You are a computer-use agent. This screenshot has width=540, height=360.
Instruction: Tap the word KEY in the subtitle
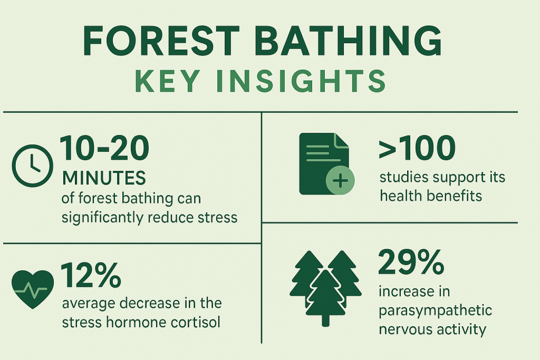(168, 81)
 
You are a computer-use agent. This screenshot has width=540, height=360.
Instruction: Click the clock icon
(33, 166)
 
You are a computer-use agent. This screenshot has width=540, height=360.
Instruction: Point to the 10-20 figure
(105, 148)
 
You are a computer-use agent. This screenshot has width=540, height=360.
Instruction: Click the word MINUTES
(104, 178)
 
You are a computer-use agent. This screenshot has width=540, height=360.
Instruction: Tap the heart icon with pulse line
(33, 289)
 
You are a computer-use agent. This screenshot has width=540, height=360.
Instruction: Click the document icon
(324, 164)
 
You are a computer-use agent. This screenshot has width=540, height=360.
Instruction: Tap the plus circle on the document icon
(340, 181)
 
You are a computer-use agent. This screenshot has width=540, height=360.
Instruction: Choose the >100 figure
(417, 148)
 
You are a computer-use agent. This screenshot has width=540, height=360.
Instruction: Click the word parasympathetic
(436, 312)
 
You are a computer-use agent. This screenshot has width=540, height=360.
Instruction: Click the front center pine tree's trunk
(325, 321)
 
